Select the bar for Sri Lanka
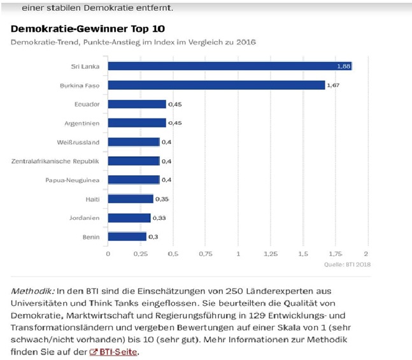click(229, 66)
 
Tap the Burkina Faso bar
click(216, 85)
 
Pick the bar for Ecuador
click(136, 104)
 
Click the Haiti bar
click(130, 199)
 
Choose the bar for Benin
click(127, 236)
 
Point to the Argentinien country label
click(82, 123)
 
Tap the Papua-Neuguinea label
click(72, 180)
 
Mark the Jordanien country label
click(84, 218)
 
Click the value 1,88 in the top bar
click(343, 66)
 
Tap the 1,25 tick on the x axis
click(269, 254)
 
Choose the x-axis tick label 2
click(366, 254)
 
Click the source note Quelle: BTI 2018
click(347, 264)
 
